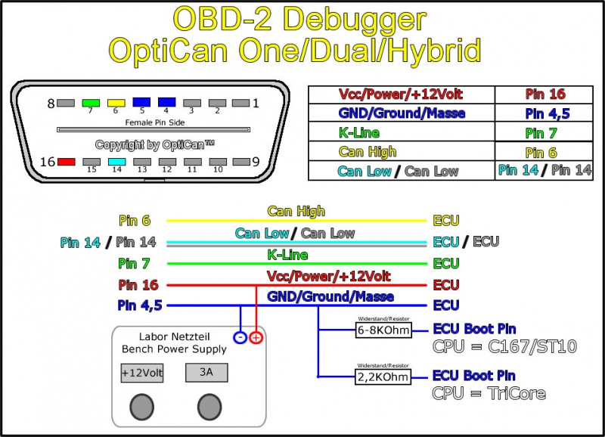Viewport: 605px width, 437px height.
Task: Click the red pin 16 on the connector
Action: [66, 161]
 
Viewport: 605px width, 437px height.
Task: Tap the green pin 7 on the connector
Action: [91, 102]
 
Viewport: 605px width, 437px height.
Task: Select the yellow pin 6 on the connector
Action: [116, 102]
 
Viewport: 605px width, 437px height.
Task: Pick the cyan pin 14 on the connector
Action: [116, 161]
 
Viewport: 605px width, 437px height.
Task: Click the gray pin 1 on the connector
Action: [240, 102]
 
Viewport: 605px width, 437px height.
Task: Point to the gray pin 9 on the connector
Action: [240, 161]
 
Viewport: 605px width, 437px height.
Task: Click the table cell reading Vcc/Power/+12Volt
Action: [401, 95]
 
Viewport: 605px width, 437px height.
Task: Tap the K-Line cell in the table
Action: [401, 133]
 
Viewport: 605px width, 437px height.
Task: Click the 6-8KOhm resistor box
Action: [383, 330]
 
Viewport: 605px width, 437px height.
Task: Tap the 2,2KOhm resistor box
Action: [383, 377]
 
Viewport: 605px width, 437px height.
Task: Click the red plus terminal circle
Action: [257, 337]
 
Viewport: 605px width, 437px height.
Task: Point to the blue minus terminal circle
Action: [240, 337]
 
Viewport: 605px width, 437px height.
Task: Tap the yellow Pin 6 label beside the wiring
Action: [135, 221]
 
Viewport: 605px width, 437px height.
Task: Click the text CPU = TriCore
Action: [489, 393]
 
